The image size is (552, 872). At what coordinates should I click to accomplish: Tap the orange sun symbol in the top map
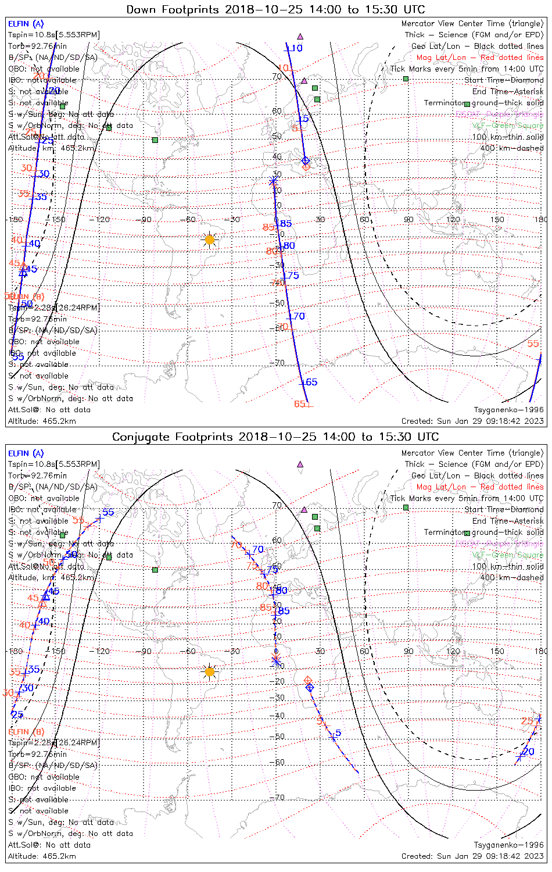pyautogui.click(x=210, y=239)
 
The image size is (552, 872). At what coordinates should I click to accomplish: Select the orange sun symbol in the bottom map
pyautogui.click(x=210, y=672)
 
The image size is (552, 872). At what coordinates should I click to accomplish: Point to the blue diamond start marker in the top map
pyautogui.click(x=305, y=160)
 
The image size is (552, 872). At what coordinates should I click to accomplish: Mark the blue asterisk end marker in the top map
pyautogui.click(x=273, y=181)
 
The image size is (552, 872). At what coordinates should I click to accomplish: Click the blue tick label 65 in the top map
pyautogui.click(x=311, y=382)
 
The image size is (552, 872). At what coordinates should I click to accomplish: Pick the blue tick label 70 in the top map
pyautogui.click(x=299, y=316)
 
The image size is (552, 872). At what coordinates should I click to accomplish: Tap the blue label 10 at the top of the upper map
pyautogui.click(x=296, y=48)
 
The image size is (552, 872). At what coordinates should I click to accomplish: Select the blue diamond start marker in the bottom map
pyautogui.click(x=310, y=688)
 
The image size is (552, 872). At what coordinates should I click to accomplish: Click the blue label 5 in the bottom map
pyautogui.click(x=338, y=733)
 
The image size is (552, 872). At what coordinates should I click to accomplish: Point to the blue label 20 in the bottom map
pyautogui.click(x=529, y=752)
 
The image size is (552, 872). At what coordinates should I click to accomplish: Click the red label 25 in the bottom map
pyautogui.click(x=527, y=721)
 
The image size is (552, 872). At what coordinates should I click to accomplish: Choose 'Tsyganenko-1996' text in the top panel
pyautogui.click(x=508, y=410)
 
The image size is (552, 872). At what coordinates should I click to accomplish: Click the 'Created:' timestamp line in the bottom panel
pyautogui.click(x=472, y=856)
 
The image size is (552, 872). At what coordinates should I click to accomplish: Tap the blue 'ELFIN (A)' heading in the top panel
pyautogui.click(x=26, y=24)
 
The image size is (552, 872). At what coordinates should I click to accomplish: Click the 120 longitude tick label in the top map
pyautogui.click(x=453, y=220)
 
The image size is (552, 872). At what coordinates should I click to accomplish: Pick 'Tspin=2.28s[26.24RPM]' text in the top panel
pyautogui.click(x=53, y=308)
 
